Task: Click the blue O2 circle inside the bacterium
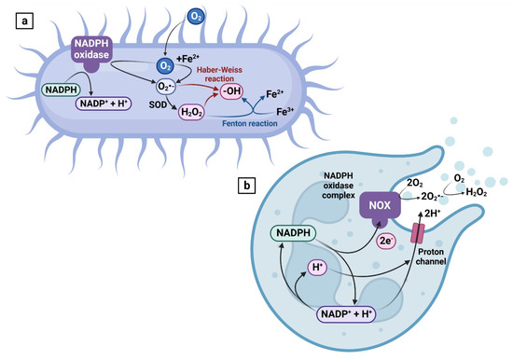[163, 66]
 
